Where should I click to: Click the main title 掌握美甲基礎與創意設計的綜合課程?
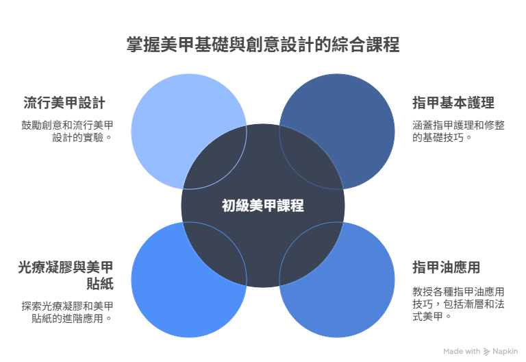(263, 45)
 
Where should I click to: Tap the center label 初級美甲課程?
(263, 206)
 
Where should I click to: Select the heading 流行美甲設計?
(64, 103)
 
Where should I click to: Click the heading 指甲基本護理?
(453, 103)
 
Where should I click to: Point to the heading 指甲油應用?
(446, 267)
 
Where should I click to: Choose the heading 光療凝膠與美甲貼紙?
(66, 276)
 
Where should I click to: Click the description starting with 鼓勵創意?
(67, 132)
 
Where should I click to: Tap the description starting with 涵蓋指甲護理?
(458, 132)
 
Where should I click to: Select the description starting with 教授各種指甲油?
(458, 304)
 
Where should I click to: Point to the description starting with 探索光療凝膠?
(67, 312)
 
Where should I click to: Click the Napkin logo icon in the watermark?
(486, 352)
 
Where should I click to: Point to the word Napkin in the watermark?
(505, 352)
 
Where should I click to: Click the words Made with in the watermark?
(462, 351)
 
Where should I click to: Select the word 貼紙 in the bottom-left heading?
(100, 284)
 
